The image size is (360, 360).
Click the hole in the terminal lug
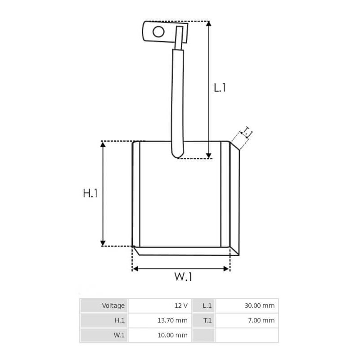coord(158,31)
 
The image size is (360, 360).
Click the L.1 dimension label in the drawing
coord(220,87)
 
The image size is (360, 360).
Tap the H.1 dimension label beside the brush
coord(90,193)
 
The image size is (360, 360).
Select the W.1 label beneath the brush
coord(183,277)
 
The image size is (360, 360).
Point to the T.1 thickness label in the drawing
coord(247,133)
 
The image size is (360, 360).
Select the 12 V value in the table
coord(181,306)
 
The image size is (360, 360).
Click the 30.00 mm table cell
coord(259,306)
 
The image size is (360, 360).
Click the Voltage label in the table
coord(113,306)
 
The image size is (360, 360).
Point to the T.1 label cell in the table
coord(207,320)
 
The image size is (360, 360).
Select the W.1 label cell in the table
coord(119,335)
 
